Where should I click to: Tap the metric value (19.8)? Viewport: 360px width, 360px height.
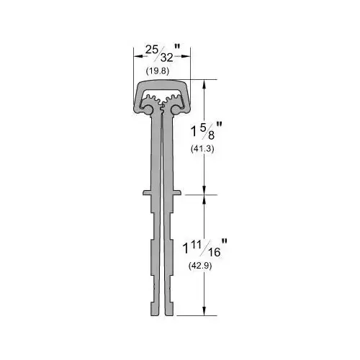tap(157, 71)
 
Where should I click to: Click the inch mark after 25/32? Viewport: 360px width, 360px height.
tap(186, 49)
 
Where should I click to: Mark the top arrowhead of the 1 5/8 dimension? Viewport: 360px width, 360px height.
tap(207, 83)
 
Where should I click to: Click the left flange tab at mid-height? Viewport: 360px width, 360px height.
tap(145, 192)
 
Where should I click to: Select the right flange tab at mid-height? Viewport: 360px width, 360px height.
tap(178, 192)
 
